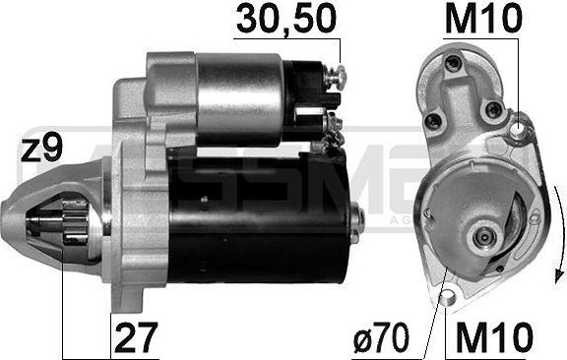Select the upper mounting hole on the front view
[520, 126]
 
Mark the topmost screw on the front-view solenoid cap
[454, 65]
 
